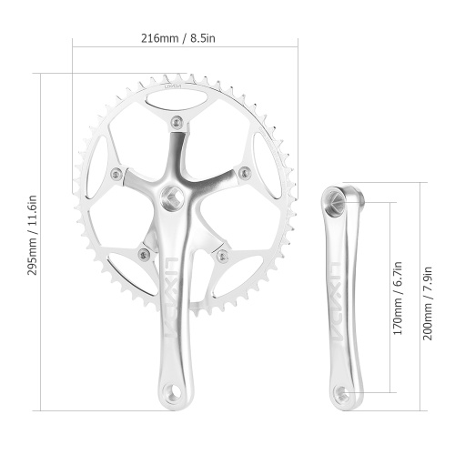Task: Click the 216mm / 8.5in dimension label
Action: [x=178, y=38]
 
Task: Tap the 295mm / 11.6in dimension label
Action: [x=33, y=235]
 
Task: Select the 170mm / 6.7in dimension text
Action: [x=398, y=298]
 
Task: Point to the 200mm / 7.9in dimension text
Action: [x=428, y=303]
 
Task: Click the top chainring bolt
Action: [x=177, y=122]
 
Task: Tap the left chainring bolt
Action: [x=116, y=174]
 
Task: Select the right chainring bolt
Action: [x=245, y=173]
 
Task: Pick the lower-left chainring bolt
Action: [x=144, y=254]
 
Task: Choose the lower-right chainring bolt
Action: [x=223, y=256]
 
